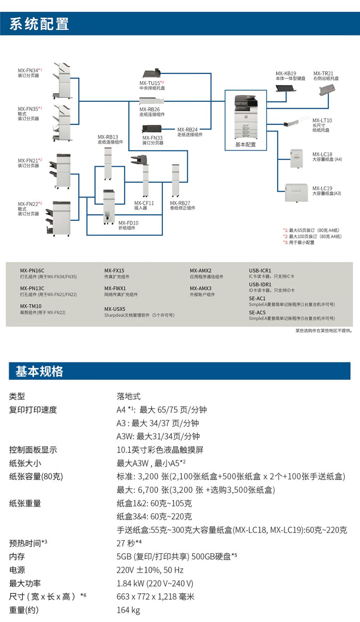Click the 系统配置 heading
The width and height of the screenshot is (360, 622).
pos(39,24)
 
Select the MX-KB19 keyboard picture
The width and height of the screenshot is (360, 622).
pos(286,88)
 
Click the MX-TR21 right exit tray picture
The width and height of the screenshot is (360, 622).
pos(326,89)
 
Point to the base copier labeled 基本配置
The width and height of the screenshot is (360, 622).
pos(246,117)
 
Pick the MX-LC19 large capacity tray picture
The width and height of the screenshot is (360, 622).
pos(296,192)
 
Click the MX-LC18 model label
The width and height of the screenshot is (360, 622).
pos(322,154)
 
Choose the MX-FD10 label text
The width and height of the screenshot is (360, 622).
pos(128,223)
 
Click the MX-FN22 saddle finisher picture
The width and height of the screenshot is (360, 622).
pos(59,218)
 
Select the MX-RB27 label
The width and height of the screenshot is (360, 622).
pos(180,203)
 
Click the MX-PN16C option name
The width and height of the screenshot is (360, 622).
pos(32,271)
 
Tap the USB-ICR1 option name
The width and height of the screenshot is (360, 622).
pos(260,271)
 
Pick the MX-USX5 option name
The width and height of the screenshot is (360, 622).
pos(115,309)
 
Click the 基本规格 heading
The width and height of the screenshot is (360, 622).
pos(39,371)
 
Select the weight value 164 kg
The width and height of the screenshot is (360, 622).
pos(128,610)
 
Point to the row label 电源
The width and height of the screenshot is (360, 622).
pos(17,570)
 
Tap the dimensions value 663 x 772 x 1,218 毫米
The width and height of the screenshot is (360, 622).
pos(155,597)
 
